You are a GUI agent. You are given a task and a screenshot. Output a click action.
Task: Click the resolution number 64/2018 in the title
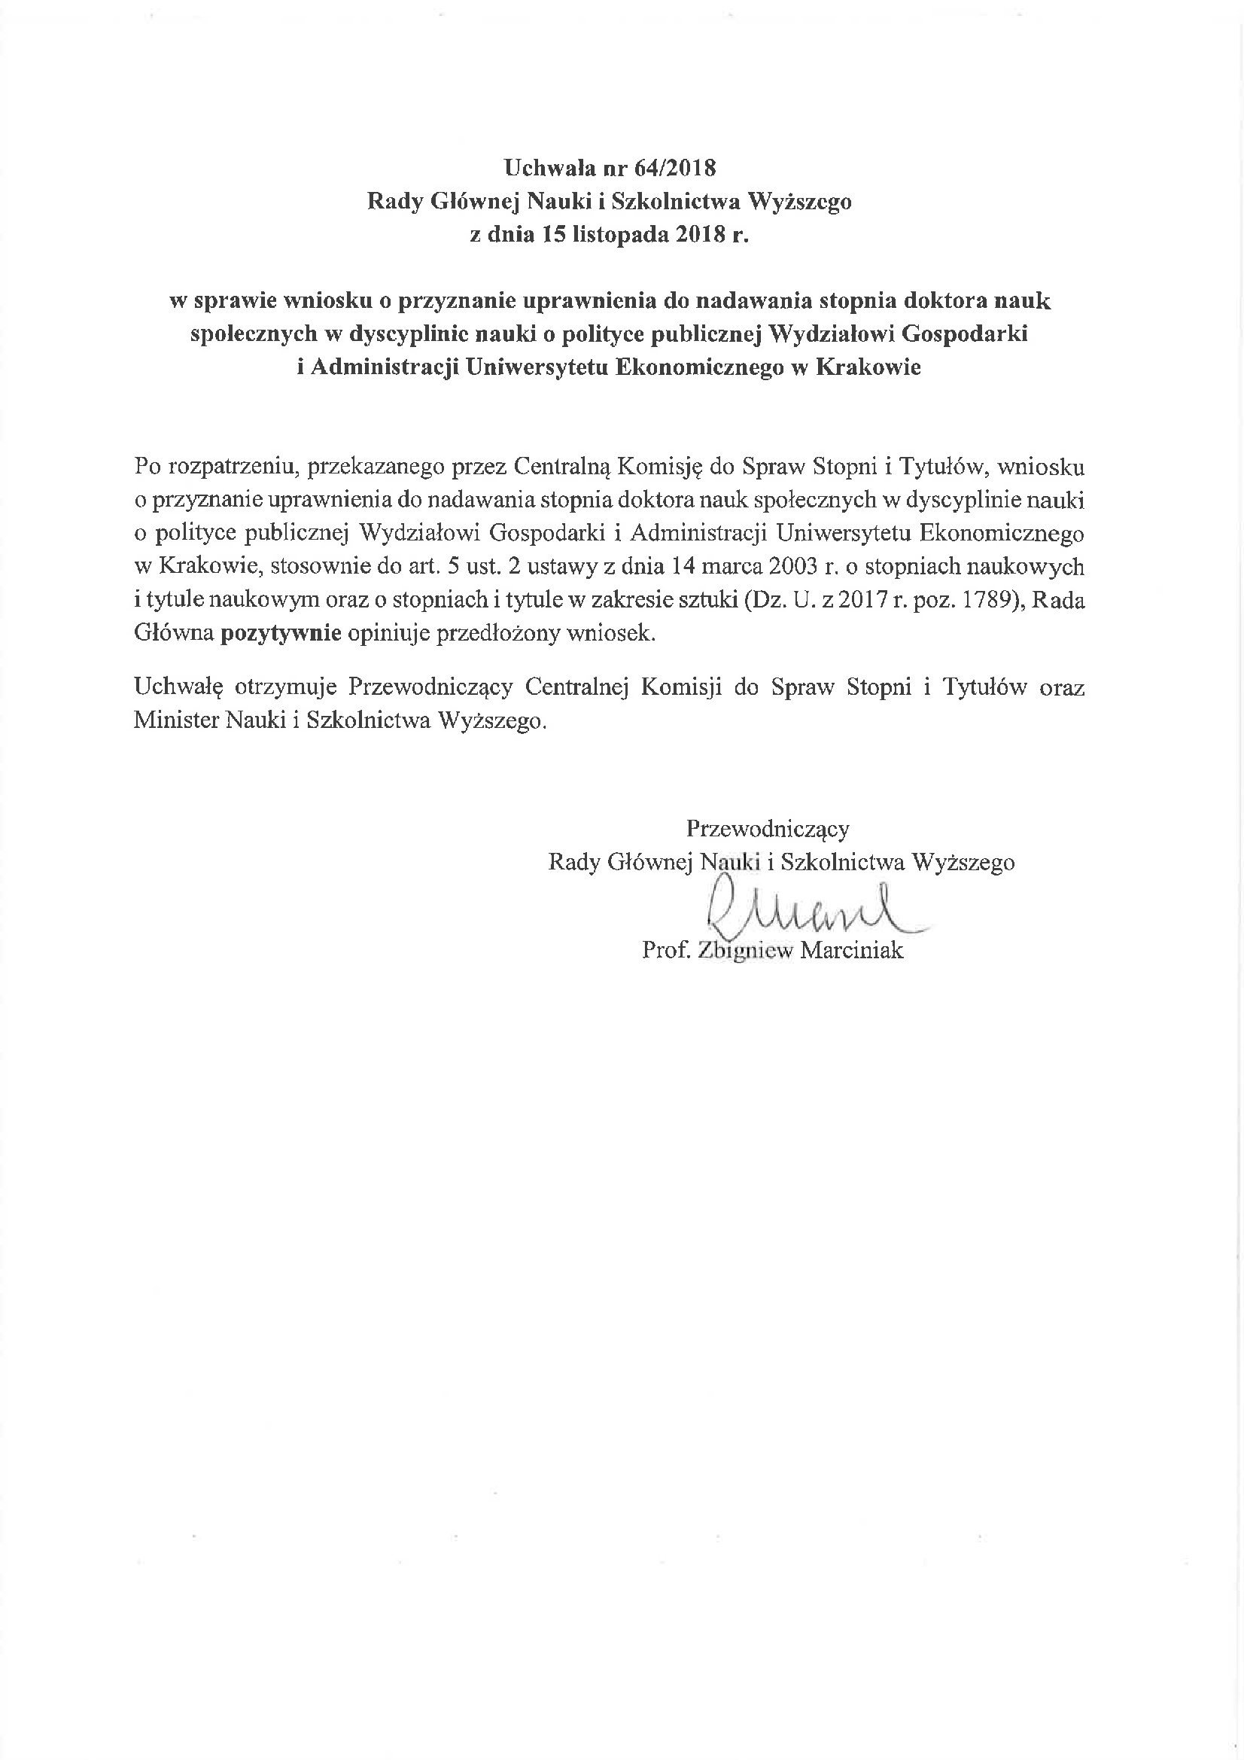(x=675, y=168)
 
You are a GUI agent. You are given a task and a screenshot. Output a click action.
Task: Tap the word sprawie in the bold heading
(x=235, y=300)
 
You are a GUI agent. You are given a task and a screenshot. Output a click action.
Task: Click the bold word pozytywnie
(x=281, y=634)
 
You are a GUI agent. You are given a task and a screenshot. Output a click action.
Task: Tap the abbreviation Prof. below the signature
(x=667, y=952)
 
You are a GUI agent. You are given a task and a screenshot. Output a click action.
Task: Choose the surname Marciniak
(x=852, y=952)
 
